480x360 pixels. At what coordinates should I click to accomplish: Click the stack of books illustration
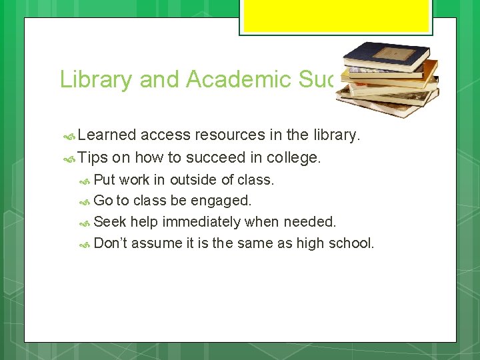click(387, 79)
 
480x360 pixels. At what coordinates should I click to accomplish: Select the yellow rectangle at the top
click(336, 16)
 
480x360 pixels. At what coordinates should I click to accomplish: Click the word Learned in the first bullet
click(107, 135)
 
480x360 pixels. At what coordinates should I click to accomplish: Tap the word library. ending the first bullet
click(337, 135)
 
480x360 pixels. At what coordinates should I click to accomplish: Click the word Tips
click(93, 158)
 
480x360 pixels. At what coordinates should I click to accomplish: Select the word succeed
click(203, 158)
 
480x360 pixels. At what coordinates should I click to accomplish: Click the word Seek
click(110, 221)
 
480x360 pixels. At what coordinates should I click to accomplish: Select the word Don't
click(111, 243)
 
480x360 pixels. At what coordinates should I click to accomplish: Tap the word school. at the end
click(351, 243)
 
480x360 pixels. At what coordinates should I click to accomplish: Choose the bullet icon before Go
click(85, 201)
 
